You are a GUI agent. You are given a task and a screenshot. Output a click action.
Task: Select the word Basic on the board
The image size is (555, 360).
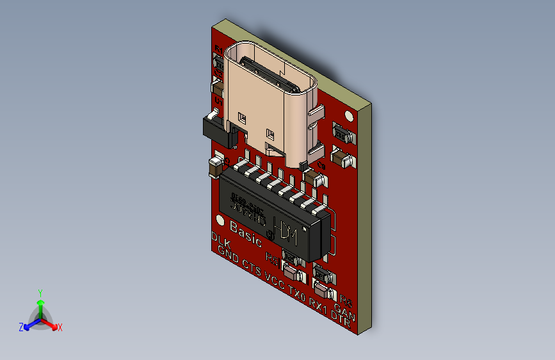[x=246, y=234]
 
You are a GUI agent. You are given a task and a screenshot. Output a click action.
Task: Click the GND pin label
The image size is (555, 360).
[x=228, y=259]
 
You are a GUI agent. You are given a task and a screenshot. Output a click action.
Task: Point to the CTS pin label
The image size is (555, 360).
[x=252, y=270]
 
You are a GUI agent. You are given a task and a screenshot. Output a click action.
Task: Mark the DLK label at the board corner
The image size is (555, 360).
[x=221, y=241]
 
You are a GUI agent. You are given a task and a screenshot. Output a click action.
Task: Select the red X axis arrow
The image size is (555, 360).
[x=57, y=326]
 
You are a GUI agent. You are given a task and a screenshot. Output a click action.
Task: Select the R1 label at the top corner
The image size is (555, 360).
[x=220, y=50]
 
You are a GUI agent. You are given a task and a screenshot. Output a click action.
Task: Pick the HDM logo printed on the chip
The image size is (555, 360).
[x=286, y=233]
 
